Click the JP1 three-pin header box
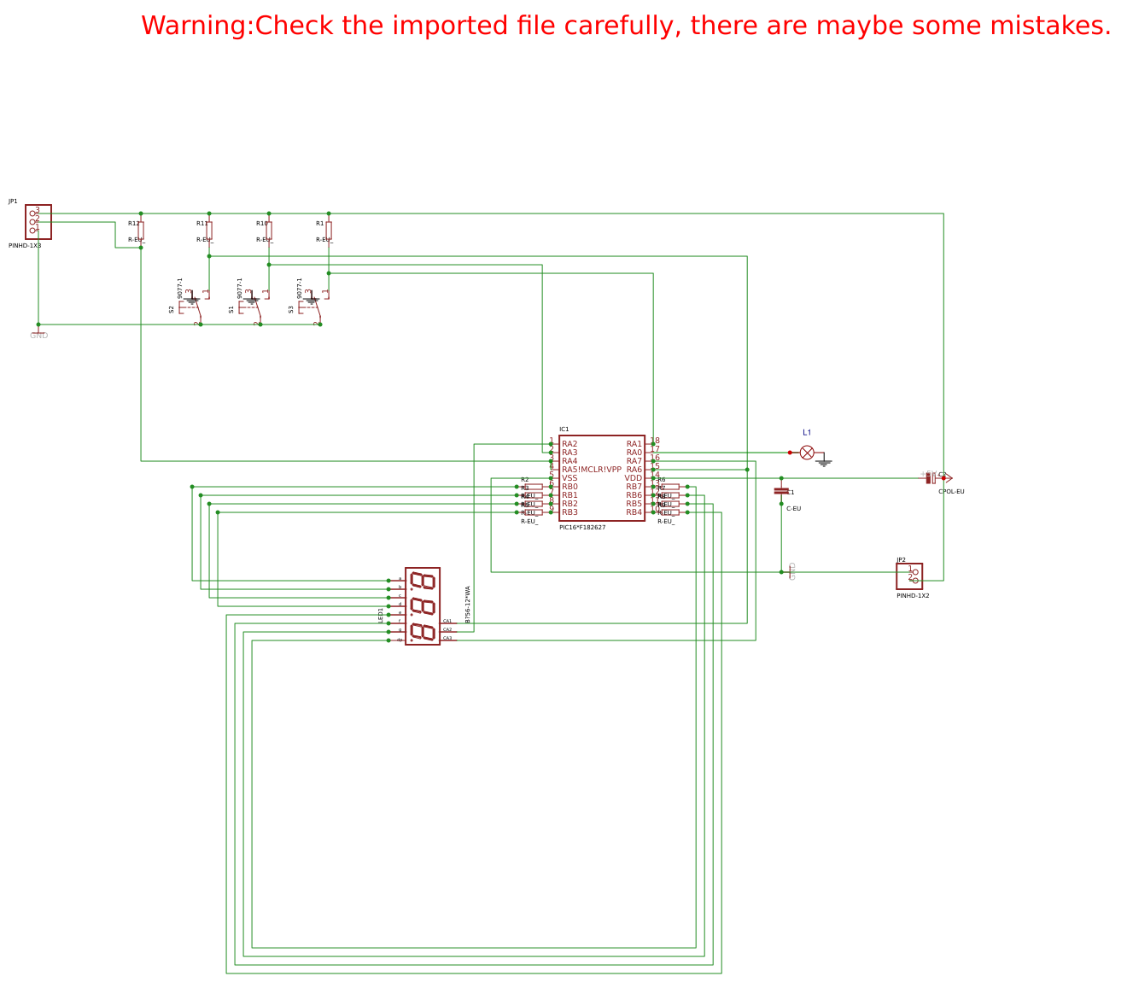tap(38, 222)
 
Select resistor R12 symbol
tap(141, 231)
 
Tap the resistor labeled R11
tap(209, 231)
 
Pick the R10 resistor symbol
tap(269, 231)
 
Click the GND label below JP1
tap(38, 336)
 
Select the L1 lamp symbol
tap(807, 453)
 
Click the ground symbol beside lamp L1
tap(824, 463)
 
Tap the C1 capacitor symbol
tap(781, 491)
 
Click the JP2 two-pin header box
tap(909, 576)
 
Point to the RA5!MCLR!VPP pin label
tap(592, 470)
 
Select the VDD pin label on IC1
tap(633, 478)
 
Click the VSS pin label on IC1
tap(569, 478)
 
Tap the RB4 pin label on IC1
tap(634, 512)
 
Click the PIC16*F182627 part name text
tap(582, 528)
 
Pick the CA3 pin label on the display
tap(447, 638)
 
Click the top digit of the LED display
tap(423, 582)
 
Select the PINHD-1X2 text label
tap(913, 596)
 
